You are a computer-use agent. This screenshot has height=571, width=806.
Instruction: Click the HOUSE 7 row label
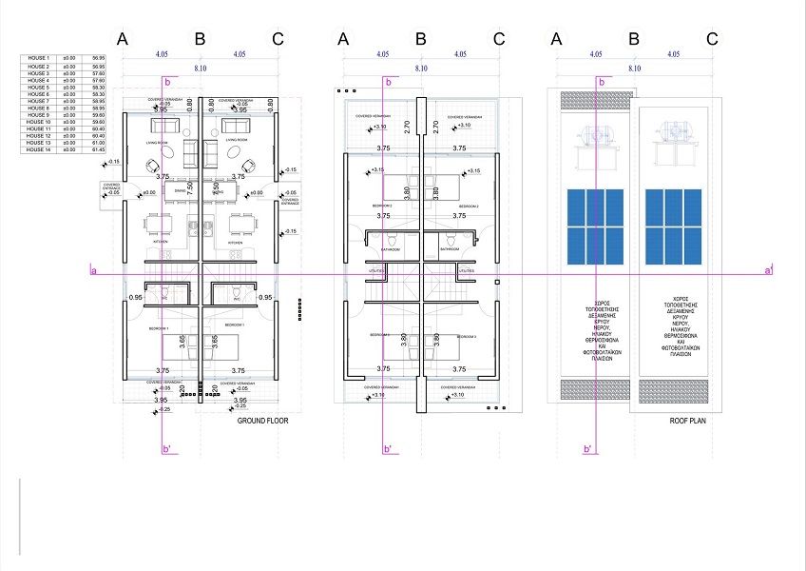coord(38,101)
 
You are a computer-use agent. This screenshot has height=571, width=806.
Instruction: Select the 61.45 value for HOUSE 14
coord(98,149)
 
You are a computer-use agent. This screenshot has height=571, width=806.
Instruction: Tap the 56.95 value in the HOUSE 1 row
coord(98,59)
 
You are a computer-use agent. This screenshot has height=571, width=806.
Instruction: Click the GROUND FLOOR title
coord(262,420)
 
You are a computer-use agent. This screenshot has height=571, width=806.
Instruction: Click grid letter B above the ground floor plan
coord(200,39)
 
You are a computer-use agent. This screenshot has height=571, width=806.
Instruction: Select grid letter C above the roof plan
coord(712,39)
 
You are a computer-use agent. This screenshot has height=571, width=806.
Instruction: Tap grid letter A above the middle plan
coord(343,39)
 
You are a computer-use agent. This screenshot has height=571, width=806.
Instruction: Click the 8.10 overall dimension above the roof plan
coord(633,69)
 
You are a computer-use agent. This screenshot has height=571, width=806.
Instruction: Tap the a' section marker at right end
coord(768,272)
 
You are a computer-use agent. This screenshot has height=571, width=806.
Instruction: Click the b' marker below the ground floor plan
coord(166,449)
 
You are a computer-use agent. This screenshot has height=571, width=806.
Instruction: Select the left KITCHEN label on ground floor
coord(160,243)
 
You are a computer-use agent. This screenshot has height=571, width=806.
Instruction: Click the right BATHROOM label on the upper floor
coord(451,248)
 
